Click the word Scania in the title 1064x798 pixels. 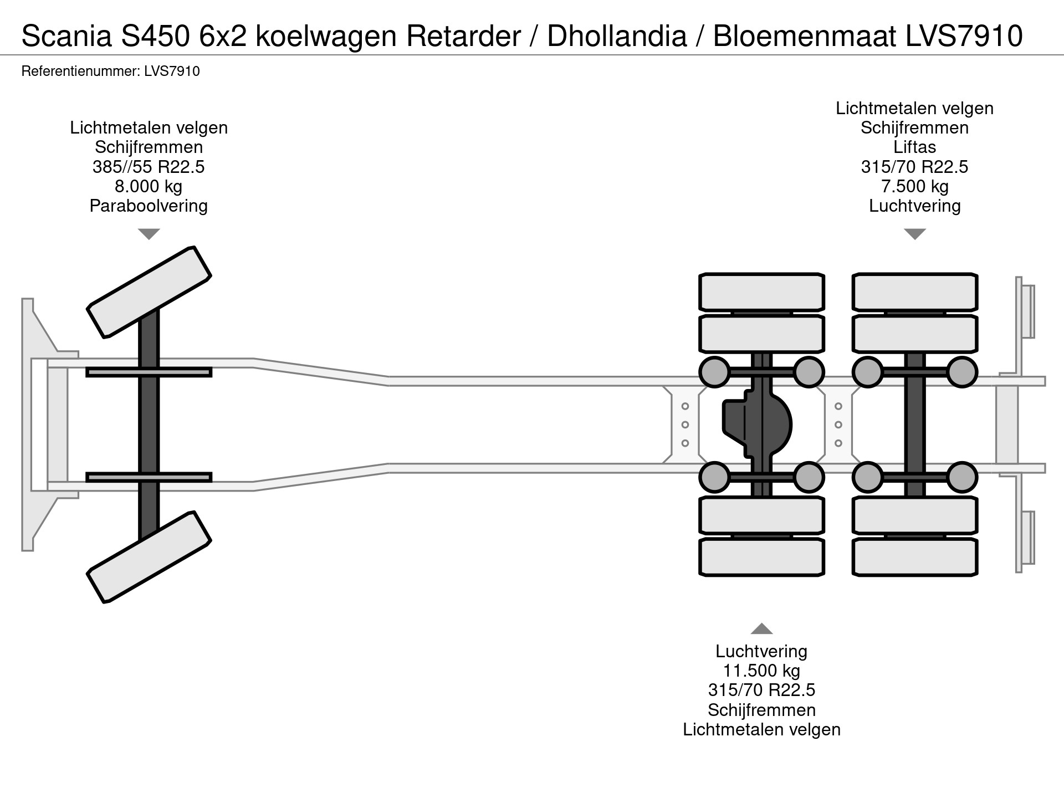pos(65,36)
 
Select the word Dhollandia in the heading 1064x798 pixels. pos(616,36)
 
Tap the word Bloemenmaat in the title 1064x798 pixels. pos(804,36)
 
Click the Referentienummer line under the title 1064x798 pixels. pos(110,71)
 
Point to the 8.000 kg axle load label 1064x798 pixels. pos(149,186)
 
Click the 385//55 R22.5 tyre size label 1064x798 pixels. pos(149,167)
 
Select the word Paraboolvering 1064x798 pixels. pos(149,206)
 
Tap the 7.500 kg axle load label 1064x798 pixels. pos(914,186)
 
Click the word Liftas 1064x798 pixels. pos(914,147)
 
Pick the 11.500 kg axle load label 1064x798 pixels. pos(761,671)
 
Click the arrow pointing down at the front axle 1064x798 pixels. pos(149,234)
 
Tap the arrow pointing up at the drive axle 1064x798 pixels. pos(761,628)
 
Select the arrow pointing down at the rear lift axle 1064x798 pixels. pos(914,234)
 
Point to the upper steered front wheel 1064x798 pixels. pos(149,292)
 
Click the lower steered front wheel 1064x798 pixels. pos(149,557)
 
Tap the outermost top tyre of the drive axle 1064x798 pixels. pos(761,292)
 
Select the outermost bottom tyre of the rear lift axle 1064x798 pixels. pos(914,557)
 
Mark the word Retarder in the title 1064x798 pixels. pos(463,36)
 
